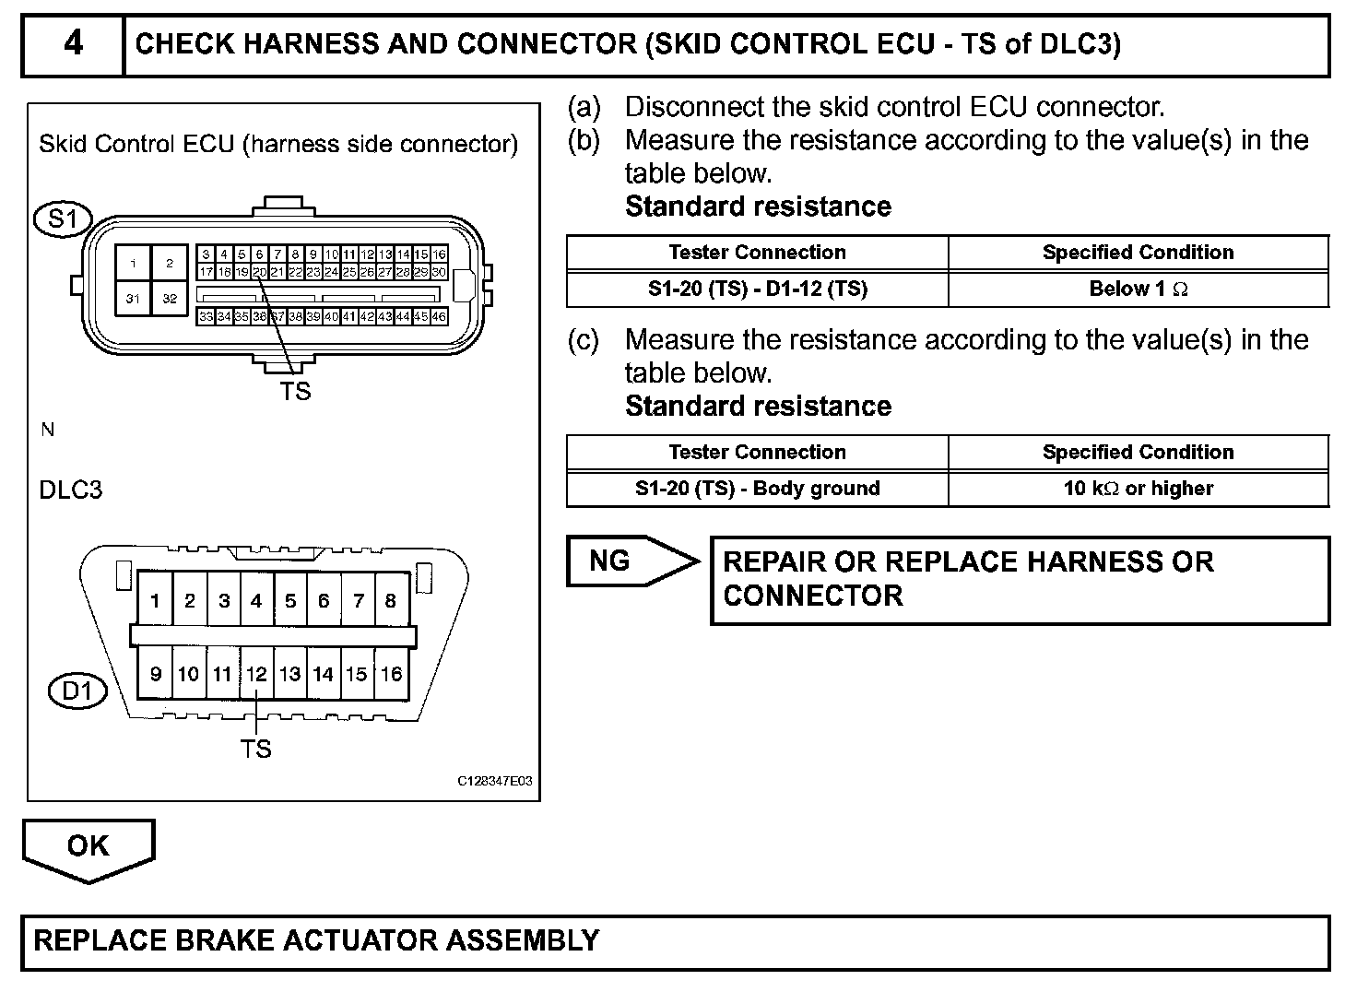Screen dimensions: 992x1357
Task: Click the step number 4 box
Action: coord(72,43)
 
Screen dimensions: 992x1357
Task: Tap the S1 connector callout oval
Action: coord(63,219)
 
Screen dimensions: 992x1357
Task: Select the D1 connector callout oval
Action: coord(77,691)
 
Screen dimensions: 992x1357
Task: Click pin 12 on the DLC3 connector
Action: coord(256,674)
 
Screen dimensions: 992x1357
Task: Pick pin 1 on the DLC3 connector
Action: coord(155,601)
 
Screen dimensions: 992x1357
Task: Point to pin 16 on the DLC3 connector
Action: coord(391,674)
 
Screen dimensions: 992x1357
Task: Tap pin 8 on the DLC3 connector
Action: coord(391,601)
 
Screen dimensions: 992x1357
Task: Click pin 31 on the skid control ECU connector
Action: coord(134,299)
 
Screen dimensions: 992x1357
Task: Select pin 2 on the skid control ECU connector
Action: coord(170,263)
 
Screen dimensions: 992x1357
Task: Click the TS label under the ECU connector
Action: coord(296,392)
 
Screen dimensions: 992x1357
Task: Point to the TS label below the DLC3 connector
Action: coord(256,750)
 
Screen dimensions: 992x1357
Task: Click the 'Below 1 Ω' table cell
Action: coord(1139,289)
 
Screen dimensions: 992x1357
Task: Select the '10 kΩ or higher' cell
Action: coord(1139,489)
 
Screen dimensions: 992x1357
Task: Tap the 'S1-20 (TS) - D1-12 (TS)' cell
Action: coord(758,289)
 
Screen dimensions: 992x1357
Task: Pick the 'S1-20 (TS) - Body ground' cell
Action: coord(758,489)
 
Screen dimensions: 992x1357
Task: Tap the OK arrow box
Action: coord(88,846)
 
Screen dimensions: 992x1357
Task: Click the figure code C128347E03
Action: coord(495,782)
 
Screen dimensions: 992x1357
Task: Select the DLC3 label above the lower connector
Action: coord(71,490)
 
